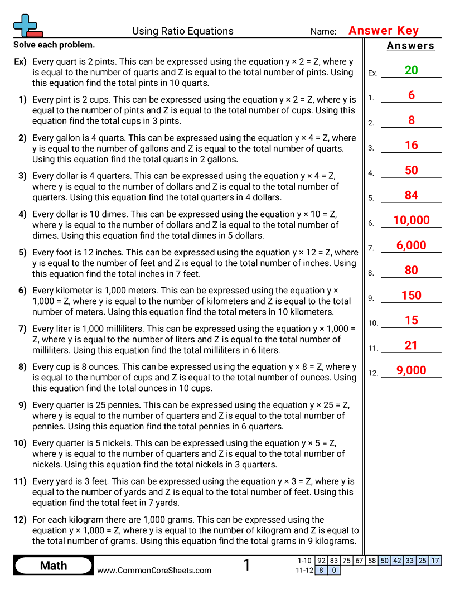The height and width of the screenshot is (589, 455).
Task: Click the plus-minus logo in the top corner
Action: click(27, 26)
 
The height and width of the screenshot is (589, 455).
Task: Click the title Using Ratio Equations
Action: click(182, 31)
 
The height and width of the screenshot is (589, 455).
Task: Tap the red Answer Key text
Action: click(383, 31)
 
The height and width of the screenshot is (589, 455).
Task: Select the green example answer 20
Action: click(411, 70)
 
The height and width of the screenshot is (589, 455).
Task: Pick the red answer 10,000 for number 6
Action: click(411, 220)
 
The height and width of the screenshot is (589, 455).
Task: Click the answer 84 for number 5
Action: click(411, 195)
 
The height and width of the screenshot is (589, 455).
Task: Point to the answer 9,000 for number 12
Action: click(411, 370)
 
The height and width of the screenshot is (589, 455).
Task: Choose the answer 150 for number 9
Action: click(411, 296)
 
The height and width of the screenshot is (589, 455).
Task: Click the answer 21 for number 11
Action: click(411, 346)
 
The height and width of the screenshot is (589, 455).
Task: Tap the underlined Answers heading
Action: click(410, 46)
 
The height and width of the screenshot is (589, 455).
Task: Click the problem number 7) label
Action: click(22, 329)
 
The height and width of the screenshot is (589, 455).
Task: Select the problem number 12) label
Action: click(20, 520)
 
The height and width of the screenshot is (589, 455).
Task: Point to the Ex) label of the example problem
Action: click(20, 62)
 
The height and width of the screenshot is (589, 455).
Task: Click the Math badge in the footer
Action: click(54, 566)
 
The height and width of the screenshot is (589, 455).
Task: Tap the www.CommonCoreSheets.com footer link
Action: click(154, 570)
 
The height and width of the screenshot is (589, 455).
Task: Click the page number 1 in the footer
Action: click(246, 566)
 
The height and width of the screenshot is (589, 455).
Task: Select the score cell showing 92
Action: click(321, 561)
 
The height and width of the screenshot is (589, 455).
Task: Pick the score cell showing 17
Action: click(435, 561)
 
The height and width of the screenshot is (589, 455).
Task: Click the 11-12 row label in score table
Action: click(304, 571)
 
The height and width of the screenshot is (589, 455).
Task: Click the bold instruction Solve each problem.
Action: click(54, 45)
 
